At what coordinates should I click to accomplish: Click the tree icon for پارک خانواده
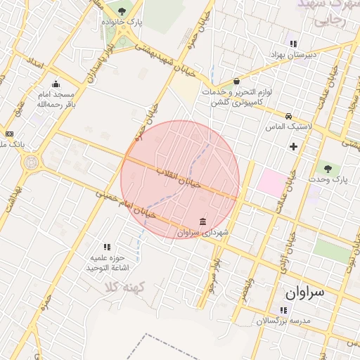[122, 11]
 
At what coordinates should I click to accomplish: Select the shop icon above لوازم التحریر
[236, 80]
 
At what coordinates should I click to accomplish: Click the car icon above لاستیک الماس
[288, 116]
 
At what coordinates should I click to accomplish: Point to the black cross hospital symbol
[293, 146]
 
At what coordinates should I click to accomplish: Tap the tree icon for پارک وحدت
[327, 167]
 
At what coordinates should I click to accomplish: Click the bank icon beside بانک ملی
[9, 134]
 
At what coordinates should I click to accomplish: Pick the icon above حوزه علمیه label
[108, 247]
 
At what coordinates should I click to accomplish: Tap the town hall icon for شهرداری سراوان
[202, 222]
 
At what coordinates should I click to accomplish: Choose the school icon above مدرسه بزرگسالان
[283, 309]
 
